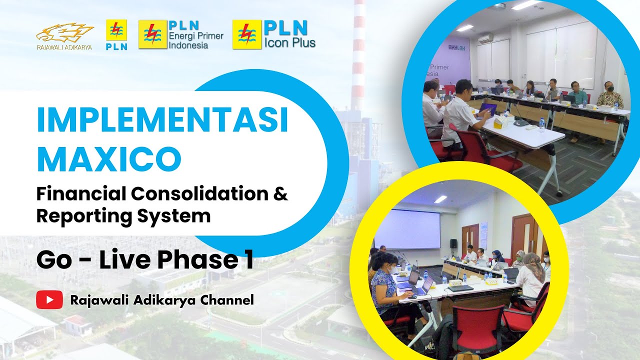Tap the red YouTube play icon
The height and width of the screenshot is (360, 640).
(x=49, y=300)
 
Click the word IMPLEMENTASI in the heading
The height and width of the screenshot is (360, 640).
(x=162, y=120)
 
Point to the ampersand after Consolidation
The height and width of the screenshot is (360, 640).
(x=281, y=194)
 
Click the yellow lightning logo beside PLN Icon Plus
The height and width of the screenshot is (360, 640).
(x=247, y=34)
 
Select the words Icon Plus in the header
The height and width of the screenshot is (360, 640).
(x=290, y=42)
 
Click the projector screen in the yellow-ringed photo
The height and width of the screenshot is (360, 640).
(x=407, y=229)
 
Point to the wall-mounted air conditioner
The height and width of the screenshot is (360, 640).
(x=484, y=38)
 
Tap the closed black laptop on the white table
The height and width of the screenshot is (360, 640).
(x=460, y=288)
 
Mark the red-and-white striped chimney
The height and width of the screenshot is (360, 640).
(x=359, y=55)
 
